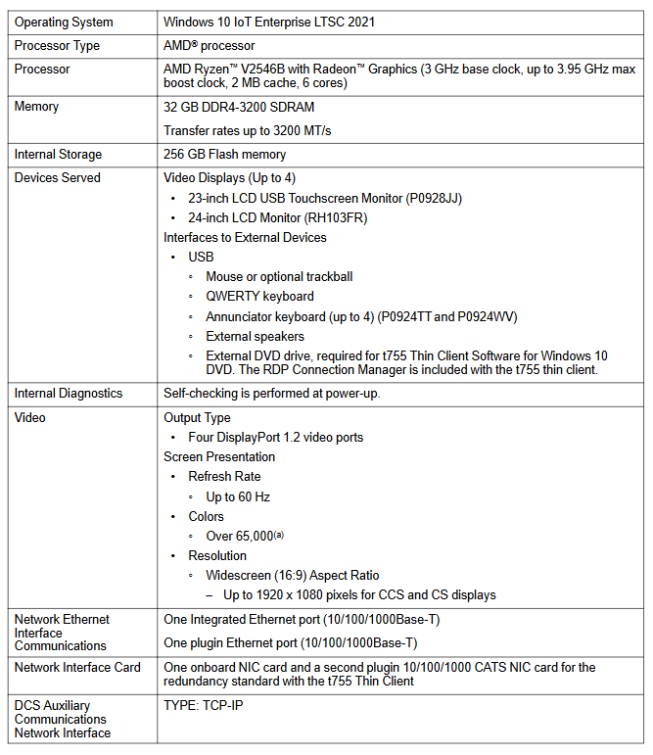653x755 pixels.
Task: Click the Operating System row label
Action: click(64, 22)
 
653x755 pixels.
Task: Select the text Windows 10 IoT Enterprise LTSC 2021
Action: click(269, 22)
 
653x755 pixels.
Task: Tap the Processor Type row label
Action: click(57, 45)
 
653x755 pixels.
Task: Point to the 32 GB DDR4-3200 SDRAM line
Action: click(239, 107)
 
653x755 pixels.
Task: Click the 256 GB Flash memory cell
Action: click(224, 154)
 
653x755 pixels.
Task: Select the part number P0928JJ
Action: click(434, 198)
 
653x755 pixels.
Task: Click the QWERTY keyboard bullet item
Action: click(259, 296)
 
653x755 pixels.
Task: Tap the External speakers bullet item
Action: click(256, 336)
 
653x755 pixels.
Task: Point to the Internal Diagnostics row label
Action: click(69, 393)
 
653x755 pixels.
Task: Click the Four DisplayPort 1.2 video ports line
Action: click(276, 437)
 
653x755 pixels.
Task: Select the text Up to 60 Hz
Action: click(238, 496)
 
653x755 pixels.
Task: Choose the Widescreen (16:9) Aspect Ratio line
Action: click(292, 575)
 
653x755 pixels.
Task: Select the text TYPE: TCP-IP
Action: click(203, 705)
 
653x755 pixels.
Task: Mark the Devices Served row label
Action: click(57, 177)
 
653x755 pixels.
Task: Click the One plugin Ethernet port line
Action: click(290, 642)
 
